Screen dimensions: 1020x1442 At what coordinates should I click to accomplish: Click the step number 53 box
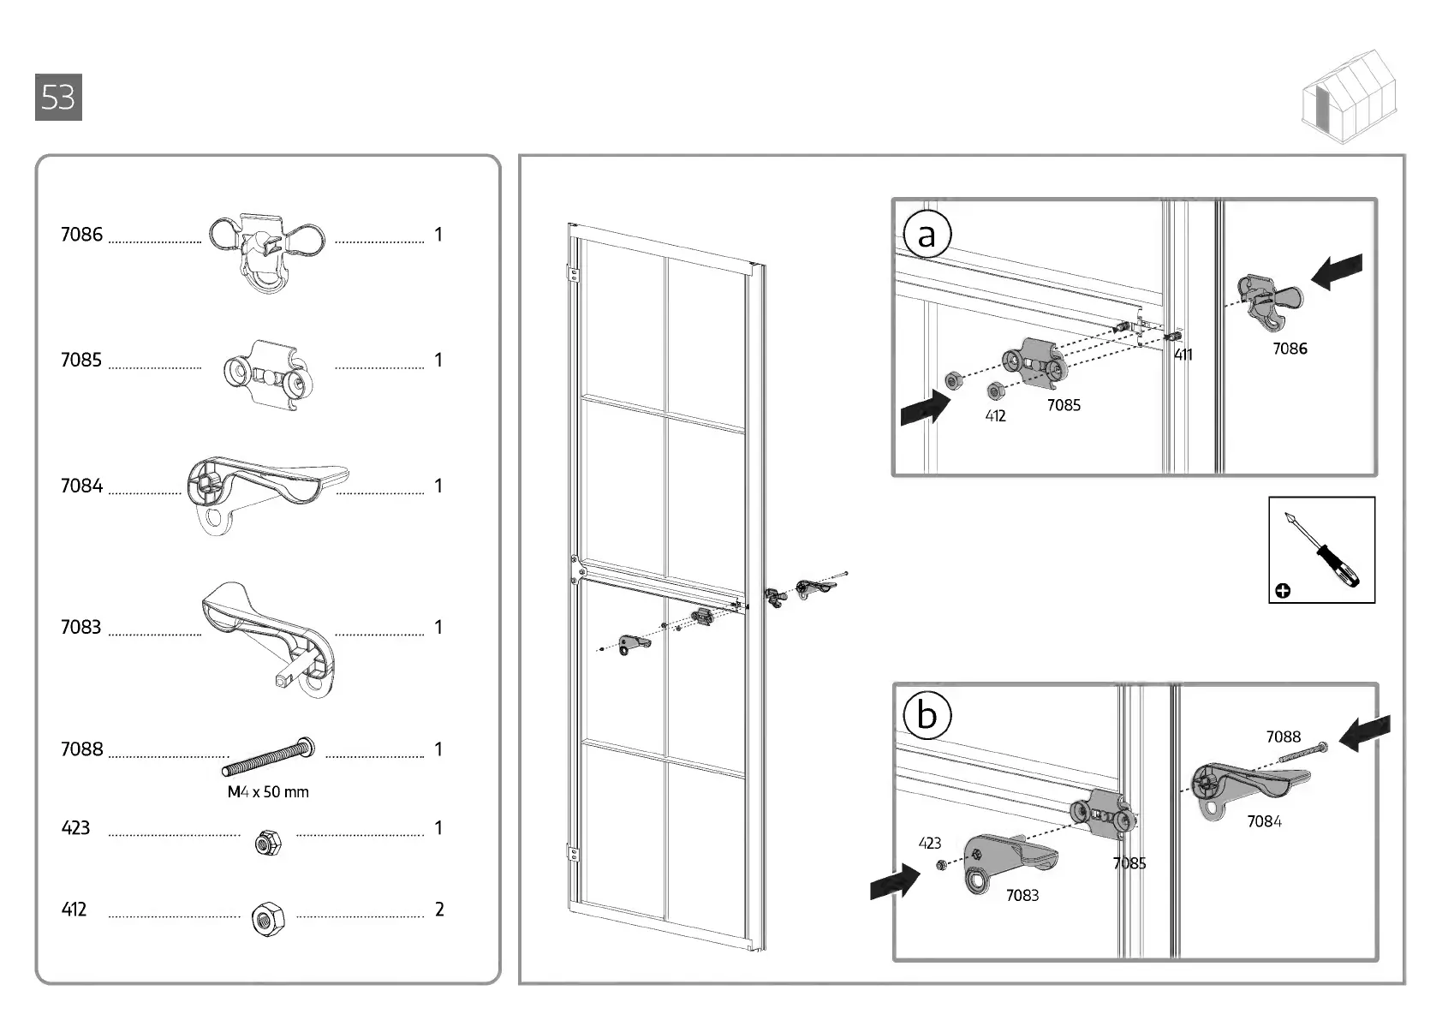[x=58, y=98]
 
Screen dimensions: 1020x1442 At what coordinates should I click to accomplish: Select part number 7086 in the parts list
[x=81, y=235]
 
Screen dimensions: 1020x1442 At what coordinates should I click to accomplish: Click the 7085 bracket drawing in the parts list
[x=265, y=375]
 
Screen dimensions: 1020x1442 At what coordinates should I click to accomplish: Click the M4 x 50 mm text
[x=268, y=792]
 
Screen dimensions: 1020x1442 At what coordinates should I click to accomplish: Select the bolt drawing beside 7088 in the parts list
[x=271, y=755]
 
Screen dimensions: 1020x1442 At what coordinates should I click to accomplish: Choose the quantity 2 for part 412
[x=439, y=910]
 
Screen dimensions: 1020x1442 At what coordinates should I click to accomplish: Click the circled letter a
[x=927, y=235]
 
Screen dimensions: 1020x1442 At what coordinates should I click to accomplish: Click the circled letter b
[x=927, y=714]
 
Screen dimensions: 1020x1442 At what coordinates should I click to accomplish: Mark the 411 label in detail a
[x=1183, y=355]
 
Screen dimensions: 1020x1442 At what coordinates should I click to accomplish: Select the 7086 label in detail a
[x=1290, y=349]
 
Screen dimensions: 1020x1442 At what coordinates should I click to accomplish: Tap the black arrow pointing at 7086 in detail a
[x=1338, y=272]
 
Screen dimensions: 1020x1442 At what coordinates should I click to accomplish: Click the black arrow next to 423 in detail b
[x=895, y=880]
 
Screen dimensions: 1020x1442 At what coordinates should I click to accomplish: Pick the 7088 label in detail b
[x=1283, y=737]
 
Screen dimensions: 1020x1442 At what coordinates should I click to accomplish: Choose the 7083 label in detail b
[x=1022, y=895]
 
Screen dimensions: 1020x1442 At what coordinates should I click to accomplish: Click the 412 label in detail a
[x=995, y=416]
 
